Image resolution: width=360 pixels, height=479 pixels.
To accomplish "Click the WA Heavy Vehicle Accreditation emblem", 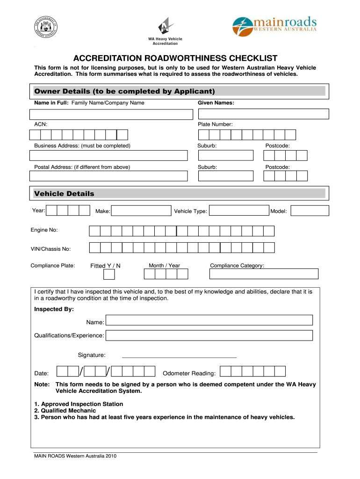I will point(165,26).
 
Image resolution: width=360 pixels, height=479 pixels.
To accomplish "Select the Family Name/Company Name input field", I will point(111,114).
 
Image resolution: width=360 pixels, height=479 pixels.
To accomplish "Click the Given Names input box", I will point(263,114).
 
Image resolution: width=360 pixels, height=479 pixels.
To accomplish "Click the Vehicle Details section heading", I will point(64,194).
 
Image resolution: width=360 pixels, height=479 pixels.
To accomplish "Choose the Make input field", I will point(142,211).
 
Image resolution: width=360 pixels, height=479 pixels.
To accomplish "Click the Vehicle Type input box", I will point(238,211).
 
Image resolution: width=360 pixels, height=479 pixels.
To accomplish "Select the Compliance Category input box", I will point(264,274).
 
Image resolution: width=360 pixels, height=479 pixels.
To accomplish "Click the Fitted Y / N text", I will point(105,266).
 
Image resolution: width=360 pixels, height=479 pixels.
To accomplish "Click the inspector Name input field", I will point(209,320).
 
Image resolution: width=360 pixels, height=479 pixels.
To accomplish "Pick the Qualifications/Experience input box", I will point(209,335).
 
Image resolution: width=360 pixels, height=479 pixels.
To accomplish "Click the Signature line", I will point(179,357).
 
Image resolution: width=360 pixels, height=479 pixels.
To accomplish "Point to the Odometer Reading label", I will point(189,373).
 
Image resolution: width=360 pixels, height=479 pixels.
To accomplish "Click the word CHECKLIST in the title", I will point(245,58).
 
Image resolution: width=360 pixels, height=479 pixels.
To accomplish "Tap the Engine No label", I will point(44,230).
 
